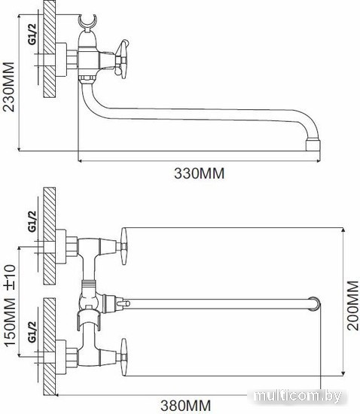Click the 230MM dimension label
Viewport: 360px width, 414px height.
8,87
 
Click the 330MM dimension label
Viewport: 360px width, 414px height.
200,173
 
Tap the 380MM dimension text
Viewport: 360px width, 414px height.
186,405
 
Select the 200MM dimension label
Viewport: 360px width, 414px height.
353,305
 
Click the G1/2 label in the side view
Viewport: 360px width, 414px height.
32,34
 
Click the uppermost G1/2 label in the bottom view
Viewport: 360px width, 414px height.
32,221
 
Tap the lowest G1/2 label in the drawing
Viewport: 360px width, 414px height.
32,332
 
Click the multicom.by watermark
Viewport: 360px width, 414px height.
297,396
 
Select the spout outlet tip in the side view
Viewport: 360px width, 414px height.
313,145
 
